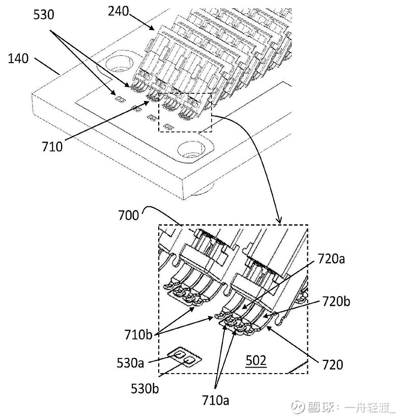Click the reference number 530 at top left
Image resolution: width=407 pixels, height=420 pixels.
[x=44, y=14]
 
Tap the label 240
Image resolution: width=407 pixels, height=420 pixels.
[x=118, y=11]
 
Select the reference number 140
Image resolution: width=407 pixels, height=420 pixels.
[x=18, y=59]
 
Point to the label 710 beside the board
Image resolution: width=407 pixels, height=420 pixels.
[x=52, y=146]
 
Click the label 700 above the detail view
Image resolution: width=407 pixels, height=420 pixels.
[x=129, y=216]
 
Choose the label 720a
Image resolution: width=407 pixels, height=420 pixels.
[x=331, y=259]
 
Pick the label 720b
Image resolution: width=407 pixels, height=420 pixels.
[x=336, y=301]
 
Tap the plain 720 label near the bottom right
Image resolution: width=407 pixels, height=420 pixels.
[x=332, y=364]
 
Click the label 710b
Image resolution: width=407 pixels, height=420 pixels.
[x=138, y=335]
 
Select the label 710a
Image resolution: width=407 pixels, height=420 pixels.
[x=216, y=400]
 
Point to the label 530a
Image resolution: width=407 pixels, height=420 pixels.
[x=130, y=363]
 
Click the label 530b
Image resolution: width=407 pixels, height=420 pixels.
[x=144, y=388]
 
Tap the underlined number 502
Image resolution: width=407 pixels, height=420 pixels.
[x=256, y=360]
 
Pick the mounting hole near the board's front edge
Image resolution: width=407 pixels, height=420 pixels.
[x=191, y=149]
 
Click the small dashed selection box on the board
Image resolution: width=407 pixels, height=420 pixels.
[x=185, y=112]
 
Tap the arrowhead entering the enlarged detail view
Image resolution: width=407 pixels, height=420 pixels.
[x=279, y=220]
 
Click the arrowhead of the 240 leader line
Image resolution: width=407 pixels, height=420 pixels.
[x=152, y=28]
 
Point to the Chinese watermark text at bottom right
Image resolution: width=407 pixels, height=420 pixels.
[x=343, y=407]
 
